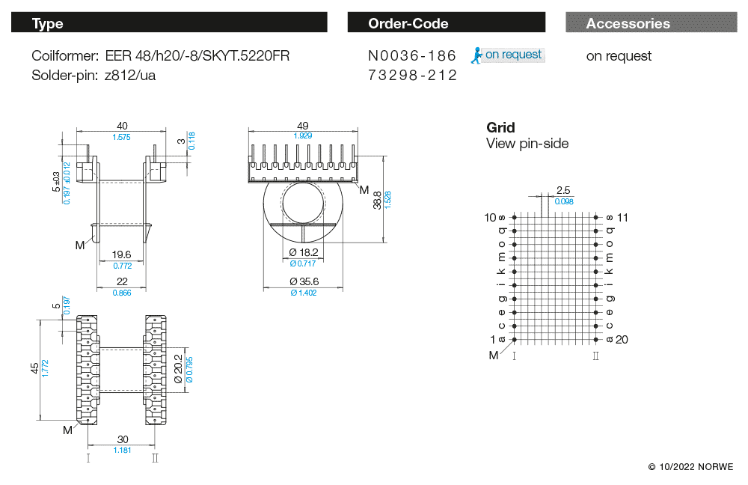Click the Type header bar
[x=169, y=23]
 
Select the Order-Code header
[x=446, y=23]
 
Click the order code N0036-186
[x=412, y=55]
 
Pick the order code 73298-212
[x=412, y=75]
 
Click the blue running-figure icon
[x=476, y=55]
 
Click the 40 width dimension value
[x=121, y=126]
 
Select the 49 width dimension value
[x=302, y=126]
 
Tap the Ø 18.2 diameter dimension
[x=303, y=252]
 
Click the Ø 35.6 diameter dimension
[x=303, y=281]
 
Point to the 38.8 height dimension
[x=377, y=200]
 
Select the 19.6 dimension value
[x=121, y=254]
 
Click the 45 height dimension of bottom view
[x=34, y=368]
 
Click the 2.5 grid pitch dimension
[x=563, y=190]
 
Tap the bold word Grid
[x=500, y=127]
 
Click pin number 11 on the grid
[x=622, y=217]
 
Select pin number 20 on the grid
[x=622, y=339]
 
